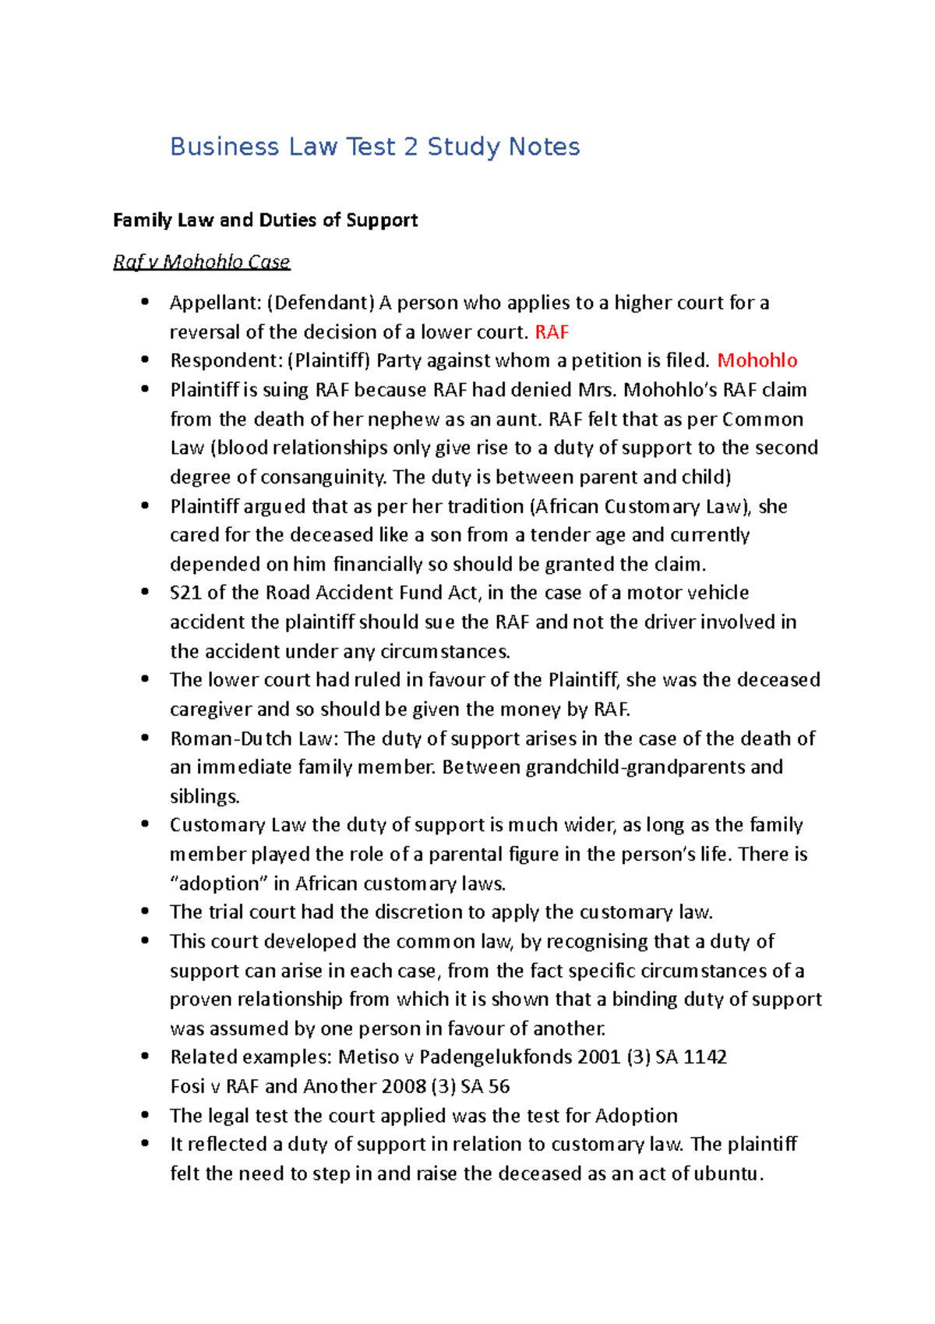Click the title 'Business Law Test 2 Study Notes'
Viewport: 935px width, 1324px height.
click(375, 147)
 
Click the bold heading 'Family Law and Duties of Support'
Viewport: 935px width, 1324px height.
click(265, 220)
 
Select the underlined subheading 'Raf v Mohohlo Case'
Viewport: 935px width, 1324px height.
click(201, 262)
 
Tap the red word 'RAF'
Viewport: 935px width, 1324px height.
click(552, 332)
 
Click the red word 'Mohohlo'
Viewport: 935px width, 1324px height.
click(757, 360)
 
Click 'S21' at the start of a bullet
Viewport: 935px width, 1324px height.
click(185, 593)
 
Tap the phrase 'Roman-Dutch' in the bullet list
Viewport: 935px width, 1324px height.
click(231, 738)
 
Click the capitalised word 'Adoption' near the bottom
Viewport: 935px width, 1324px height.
click(636, 1116)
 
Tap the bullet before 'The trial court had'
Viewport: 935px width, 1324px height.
click(145, 912)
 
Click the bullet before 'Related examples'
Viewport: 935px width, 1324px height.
click(145, 1057)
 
